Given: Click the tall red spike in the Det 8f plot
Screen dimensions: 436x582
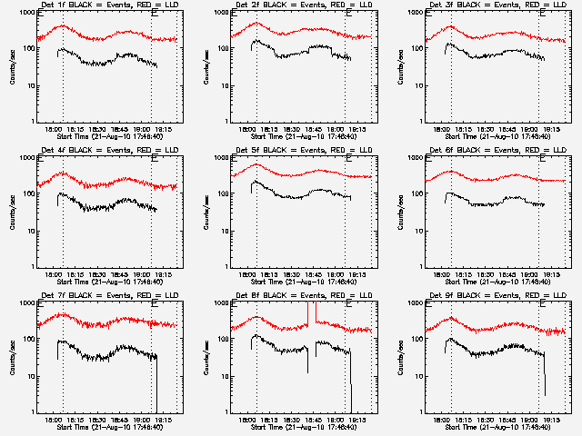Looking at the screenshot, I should coord(308,313).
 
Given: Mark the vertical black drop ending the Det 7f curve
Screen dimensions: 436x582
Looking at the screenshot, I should coord(156,381).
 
